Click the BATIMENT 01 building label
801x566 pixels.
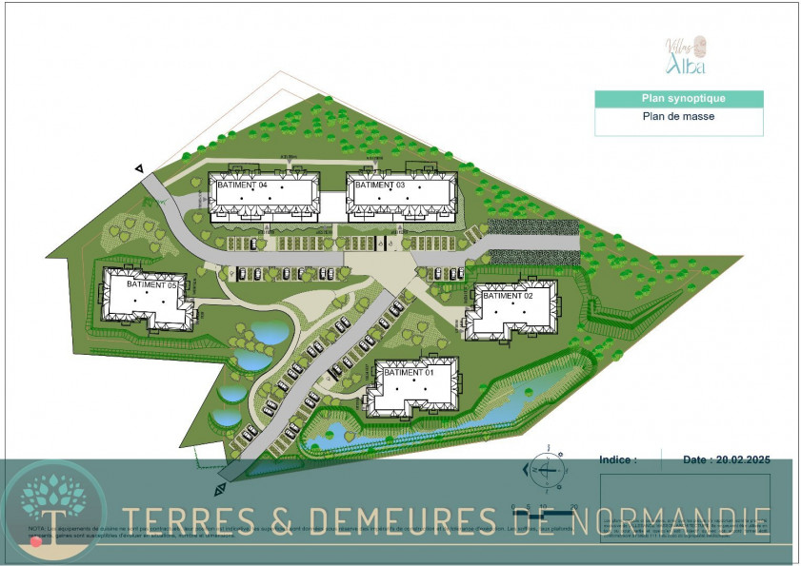(409, 373)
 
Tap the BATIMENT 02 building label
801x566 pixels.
(508, 296)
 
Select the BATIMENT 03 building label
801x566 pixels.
(380, 185)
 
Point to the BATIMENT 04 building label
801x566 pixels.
(243, 185)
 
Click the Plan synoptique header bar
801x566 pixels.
(679, 99)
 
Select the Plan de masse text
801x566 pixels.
(679, 117)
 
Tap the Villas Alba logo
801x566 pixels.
(685, 54)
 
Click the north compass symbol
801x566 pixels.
(547, 468)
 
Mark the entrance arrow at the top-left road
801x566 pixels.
(140, 168)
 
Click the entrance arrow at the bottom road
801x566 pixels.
(221, 489)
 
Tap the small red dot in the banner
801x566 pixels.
(36, 541)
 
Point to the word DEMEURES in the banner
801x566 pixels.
(391, 518)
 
